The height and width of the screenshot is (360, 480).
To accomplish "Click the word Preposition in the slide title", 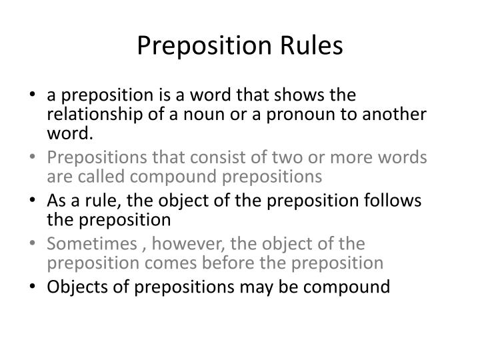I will (x=199, y=46).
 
